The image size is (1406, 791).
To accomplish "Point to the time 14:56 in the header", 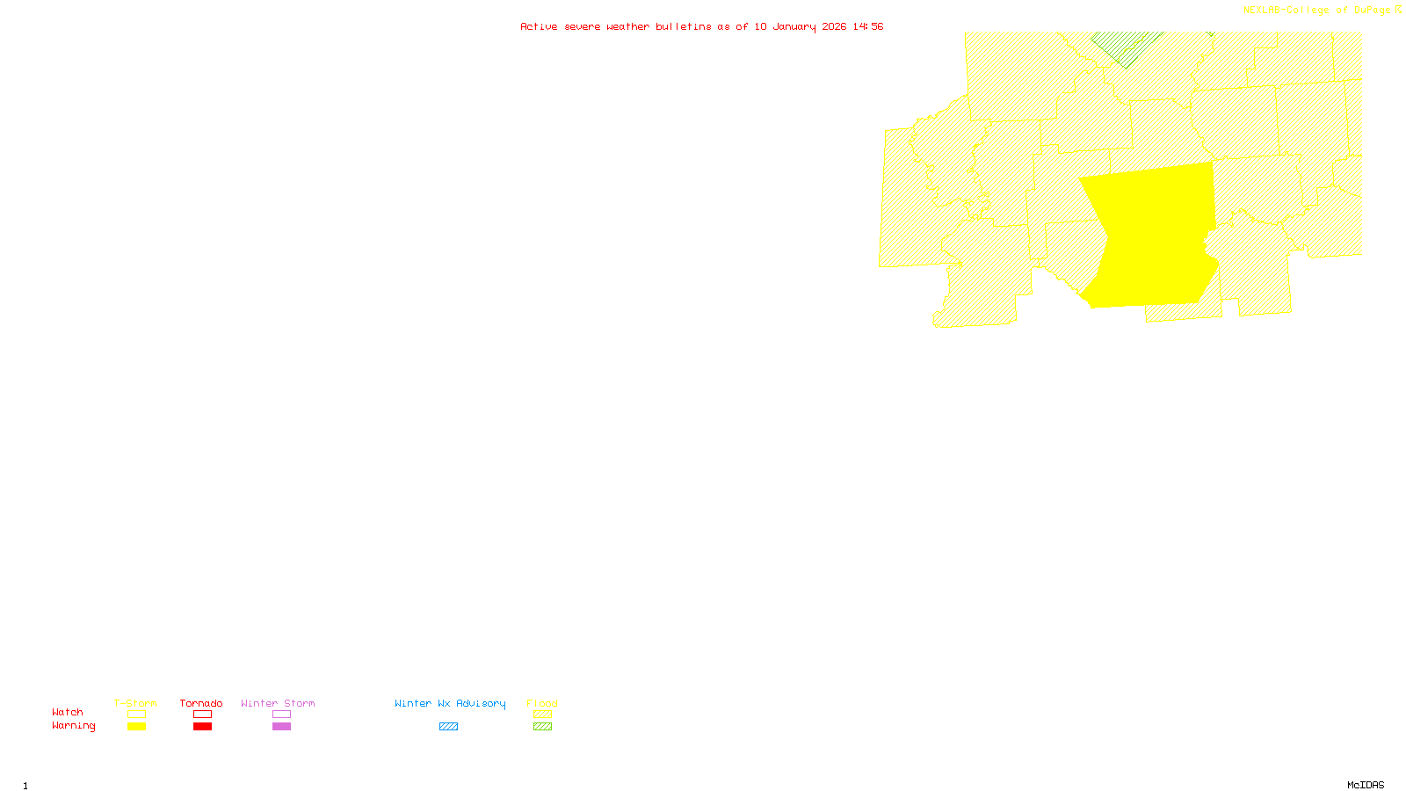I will pyautogui.click(x=868, y=26).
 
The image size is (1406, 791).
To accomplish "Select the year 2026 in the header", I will pyautogui.click(x=834, y=26).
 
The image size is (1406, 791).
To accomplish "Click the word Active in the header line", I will pyautogui.click(x=538, y=26).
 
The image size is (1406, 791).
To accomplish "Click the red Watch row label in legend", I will pyautogui.click(x=68, y=712).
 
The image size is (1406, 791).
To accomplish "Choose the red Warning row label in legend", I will pyautogui.click(x=74, y=726).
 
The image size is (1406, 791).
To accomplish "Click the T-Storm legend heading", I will pyautogui.click(x=135, y=703).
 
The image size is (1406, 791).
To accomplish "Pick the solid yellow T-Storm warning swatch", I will pyautogui.click(x=136, y=727).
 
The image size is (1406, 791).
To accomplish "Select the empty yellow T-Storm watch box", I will pyautogui.click(x=136, y=715).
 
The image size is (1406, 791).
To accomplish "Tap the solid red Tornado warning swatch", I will pyautogui.click(x=202, y=727).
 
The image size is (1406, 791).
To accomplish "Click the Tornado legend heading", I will pyautogui.click(x=201, y=703).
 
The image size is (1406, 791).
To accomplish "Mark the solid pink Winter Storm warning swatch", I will pyautogui.click(x=281, y=727).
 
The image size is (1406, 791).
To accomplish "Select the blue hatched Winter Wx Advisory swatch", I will pyautogui.click(x=448, y=727).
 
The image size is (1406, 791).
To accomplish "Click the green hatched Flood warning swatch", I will pyautogui.click(x=542, y=727).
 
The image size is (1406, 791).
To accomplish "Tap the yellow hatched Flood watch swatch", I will pyautogui.click(x=542, y=715).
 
